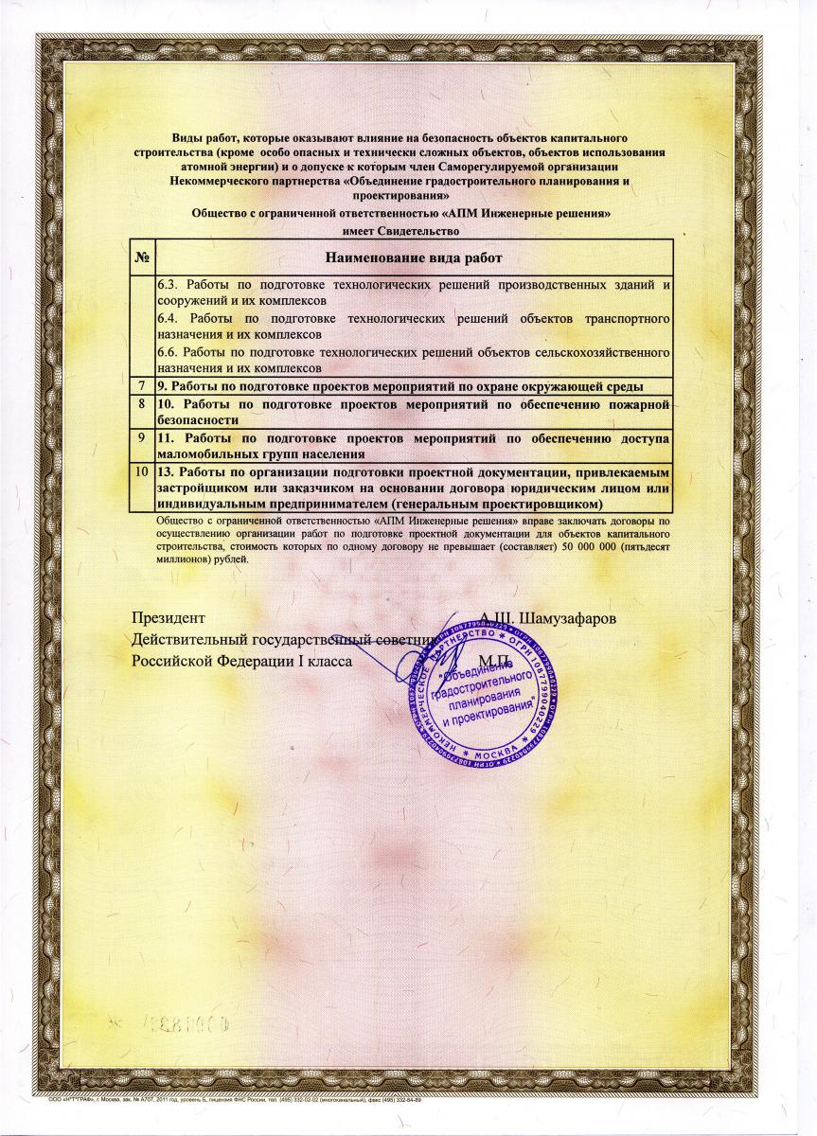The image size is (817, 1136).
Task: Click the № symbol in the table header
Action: click(x=142, y=257)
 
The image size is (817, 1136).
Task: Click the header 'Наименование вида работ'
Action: click(x=413, y=257)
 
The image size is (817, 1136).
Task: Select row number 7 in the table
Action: click(x=142, y=386)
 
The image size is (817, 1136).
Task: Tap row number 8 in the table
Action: click(x=142, y=405)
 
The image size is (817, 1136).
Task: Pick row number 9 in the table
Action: click(x=142, y=438)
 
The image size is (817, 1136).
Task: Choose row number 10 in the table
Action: click(x=142, y=470)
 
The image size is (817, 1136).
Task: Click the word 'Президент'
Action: click(x=167, y=618)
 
